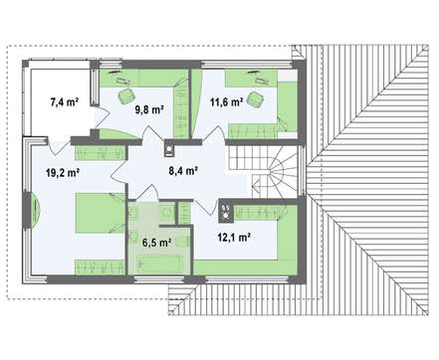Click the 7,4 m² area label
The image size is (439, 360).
point(64,102)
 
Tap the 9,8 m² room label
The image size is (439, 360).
point(149,109)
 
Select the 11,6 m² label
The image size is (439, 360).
point(226,102)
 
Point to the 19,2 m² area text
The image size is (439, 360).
point(63,172)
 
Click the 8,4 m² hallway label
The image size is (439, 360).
point(183,171)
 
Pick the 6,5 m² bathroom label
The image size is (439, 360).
point(156,243)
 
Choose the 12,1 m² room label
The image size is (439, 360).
point(234,237)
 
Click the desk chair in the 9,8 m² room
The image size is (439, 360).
point(126,96)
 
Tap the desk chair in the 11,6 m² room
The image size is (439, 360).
point(256,99)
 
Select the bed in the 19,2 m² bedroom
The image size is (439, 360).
point(101,213)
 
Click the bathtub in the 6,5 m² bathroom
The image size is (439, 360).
point(160,264)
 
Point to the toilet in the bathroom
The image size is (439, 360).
point(182,242)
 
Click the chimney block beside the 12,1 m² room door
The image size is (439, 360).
point(226,211)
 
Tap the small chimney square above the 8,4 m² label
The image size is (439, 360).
point(169,148)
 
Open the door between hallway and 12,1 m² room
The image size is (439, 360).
point(207,207)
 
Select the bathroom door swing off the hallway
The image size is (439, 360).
point(150,192)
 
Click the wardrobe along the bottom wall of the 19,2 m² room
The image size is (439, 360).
point(100,268)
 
